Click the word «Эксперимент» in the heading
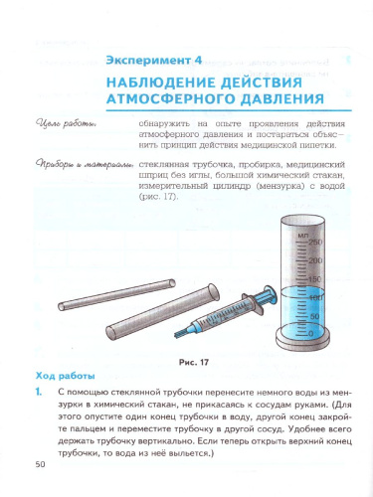(x=152, y=59)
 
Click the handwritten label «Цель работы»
(x=65, y=123)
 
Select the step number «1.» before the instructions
(x=39, y=394)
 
